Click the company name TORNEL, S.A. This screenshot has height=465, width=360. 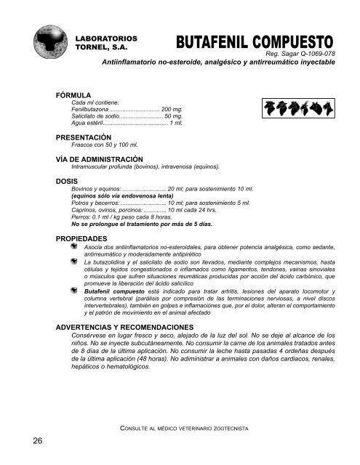102,44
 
